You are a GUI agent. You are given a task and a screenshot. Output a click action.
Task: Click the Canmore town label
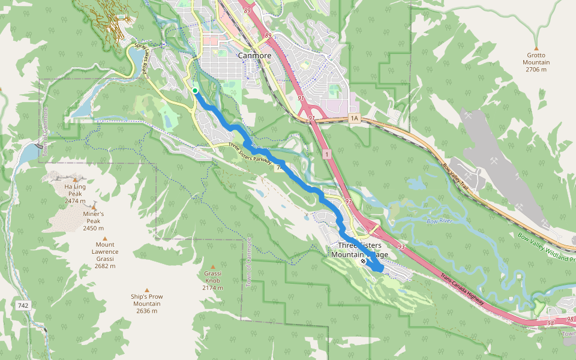tap(254, 55)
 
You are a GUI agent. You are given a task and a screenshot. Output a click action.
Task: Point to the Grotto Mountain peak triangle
tap(536, 49)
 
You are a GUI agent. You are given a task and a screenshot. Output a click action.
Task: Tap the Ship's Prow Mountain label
tap(146, 304)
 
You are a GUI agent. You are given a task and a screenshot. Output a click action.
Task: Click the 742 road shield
tap(23, 305)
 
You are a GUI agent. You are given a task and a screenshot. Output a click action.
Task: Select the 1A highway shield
tap(354, 119)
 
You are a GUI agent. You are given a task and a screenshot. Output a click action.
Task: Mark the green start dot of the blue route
tap(195, 91)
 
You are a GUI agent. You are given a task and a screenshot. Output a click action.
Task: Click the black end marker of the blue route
tap(363, 261)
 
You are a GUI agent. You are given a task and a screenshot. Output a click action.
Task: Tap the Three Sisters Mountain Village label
tap(359, 250)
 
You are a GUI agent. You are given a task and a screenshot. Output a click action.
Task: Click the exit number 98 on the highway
tap(551, 323)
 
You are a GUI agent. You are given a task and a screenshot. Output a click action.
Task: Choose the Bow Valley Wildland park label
tap(546, 247)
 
